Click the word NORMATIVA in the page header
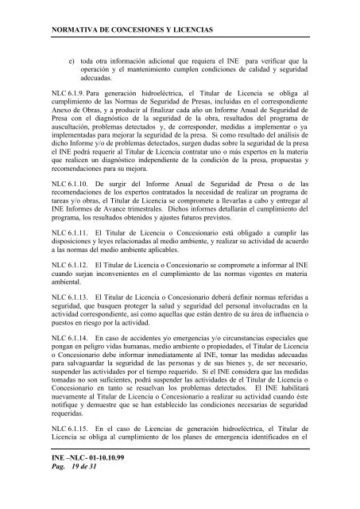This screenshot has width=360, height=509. coord(75,29)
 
